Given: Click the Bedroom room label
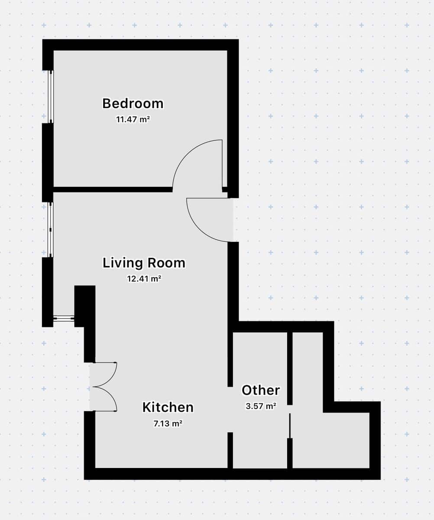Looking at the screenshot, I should coord(133,104).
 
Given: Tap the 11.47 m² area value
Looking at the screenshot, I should coord(133,119).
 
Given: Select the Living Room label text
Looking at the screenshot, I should coord(144,263).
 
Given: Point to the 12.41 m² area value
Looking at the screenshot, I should coord(144,279).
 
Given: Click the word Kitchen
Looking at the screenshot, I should coord(168,407).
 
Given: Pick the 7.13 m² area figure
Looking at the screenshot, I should coord(168,424).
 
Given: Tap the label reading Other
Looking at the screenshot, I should coord(261,390).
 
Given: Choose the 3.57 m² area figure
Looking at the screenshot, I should coord(261,406).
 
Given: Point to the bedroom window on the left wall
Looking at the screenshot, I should coord(51,97).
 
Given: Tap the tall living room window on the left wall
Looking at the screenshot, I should coord(51,230).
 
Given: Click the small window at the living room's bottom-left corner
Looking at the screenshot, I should coord(64,318).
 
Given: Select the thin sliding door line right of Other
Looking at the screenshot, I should coord(290,426).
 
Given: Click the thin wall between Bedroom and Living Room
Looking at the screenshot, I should coord(113,189).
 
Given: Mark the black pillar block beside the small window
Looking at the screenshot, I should coord(85,305).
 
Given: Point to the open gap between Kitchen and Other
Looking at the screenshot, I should coord(230,409).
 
